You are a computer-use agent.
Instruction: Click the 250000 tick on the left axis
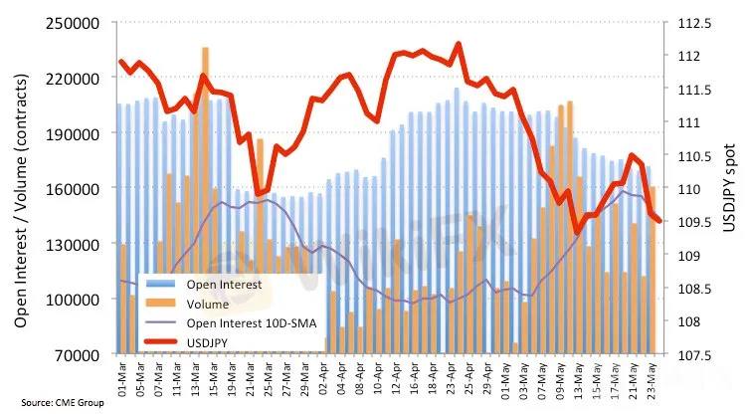[x=79, y=22]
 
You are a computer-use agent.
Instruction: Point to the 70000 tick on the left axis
[x=82, y=354]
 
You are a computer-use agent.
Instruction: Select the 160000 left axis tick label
[x=79, y=188]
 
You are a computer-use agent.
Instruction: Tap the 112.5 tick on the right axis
[x=688, y=22]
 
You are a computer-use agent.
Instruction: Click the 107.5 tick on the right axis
[x=688, y=354]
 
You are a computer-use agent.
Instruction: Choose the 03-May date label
[x=521, y=378]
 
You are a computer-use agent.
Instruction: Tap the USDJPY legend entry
[x=209, y=341]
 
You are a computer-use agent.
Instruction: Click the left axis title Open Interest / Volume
[x=21, y=189]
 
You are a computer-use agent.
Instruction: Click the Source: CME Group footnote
[x=47, y=404]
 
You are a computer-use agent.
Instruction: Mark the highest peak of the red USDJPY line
[x=458, y=44]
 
